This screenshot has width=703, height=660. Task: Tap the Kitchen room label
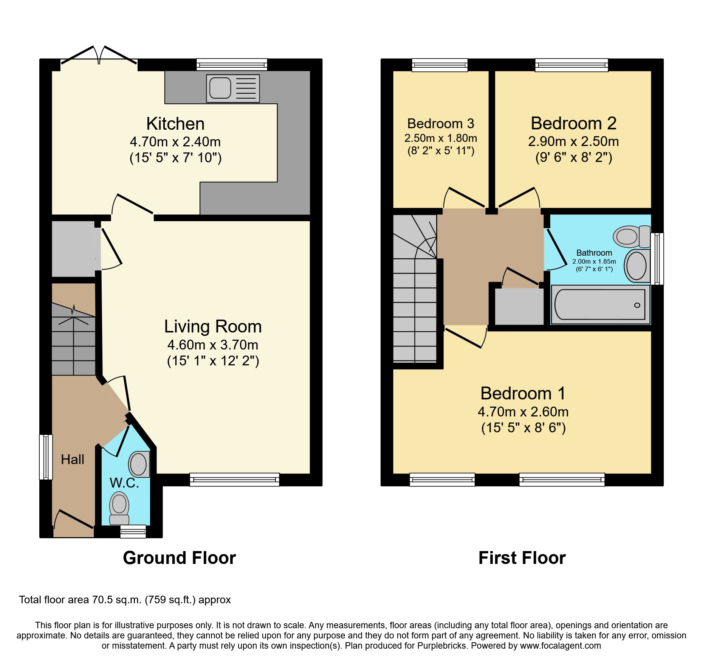175,124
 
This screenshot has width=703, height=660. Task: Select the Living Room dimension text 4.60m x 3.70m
213,345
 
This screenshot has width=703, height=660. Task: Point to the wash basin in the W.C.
139,464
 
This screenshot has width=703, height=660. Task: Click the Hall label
73,460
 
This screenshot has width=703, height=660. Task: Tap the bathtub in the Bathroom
600,304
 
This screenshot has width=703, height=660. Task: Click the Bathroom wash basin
636,265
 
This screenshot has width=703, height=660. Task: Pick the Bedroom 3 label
440,124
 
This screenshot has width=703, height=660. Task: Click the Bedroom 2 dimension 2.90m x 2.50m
573,141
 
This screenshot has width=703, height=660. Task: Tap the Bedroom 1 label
523,393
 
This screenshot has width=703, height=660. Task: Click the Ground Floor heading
179,558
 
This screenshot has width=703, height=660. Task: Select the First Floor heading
522,558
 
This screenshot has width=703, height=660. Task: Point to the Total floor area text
125,600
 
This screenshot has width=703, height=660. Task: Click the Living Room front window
234,480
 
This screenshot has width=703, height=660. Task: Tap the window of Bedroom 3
440,65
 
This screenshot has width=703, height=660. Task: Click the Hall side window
46,457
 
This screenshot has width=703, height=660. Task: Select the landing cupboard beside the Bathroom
519,306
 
